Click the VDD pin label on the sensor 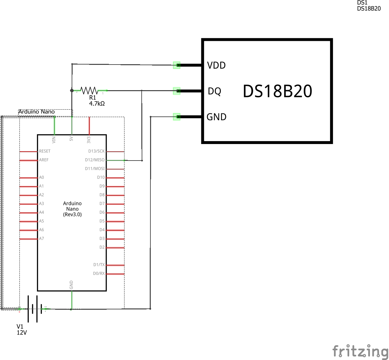[x=216, y=65]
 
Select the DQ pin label [x=214, y=91]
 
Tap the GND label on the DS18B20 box [x=216, y=117]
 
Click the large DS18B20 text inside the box [x=277, y=91]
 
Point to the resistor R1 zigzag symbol [x=89, y=90]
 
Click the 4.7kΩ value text [x=97, y=104]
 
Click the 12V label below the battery [x=22, y=333]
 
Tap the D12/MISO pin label [x=95, y=160]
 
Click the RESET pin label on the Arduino [x=45, y=151]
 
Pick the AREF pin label [x=44, y=160]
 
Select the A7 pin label [x=41, y=238]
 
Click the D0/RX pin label [x=99, y=273]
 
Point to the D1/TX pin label [x=99, y=265]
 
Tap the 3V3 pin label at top [x=89, y=139]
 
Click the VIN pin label [x=54, y=139]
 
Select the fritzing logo [x=360, y=351]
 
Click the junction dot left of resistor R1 [x=72, y=90]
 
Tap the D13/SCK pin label [x=96, y=151]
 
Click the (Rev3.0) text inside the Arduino [x=72, y=214]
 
